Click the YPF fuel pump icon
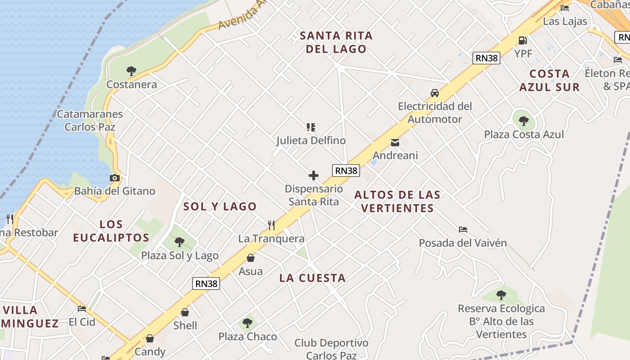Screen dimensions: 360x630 pyautogui.click(x=522, y=40)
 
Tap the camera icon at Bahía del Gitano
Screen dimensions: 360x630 pyautogui.click(x=115, y=178)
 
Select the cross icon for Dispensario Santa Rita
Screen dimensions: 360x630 pyautogui.click(x=314, y=175)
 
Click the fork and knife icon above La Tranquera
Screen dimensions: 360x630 pyautogui.click(x=271, y=225)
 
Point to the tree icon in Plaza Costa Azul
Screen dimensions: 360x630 pyautogui.click(x=523, y=121)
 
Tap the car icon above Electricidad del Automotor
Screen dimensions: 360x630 pyautogui.click(x=434, y=93)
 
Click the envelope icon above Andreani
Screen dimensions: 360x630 pyautogui.click(x=395, y=143)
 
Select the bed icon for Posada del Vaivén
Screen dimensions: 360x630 pyautogui.click(x=463, y=229)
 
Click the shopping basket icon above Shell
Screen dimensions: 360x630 pyautogui.click(x=185, y=312)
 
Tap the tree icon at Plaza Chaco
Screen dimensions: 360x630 pyautogui.click(x=247, y=323)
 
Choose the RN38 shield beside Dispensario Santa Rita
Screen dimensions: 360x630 pyautogui.click(x=346, y=171)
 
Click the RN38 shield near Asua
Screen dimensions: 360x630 pyautogui.click(x=207, y=283)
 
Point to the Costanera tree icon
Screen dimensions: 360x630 pyautogui.click(x=131, y=71)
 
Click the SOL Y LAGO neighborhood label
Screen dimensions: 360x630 pyautogui.click(x=220, y=207)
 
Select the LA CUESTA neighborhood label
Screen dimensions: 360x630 pyautogui.click(x=312, y=278)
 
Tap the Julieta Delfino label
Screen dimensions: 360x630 pyautogui.click(x=311, y=140)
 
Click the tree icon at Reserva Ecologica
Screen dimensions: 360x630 pyautogui.click(x=501, y=295)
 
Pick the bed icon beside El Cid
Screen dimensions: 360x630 pyautogui.click(x=82, y=309)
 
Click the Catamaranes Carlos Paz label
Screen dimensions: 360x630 pyautogui.click(x=90, y=120)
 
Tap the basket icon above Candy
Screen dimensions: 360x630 pyautogui.click(x=150, y=338)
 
